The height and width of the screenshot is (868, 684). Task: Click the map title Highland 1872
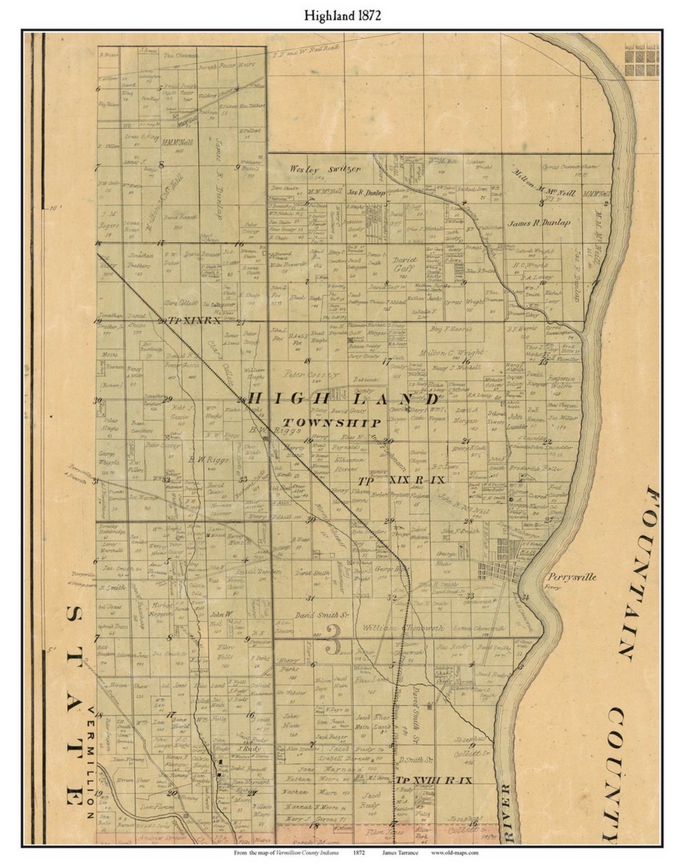tap(342, 16)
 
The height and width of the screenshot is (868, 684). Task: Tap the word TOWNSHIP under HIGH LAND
tap(332, 423)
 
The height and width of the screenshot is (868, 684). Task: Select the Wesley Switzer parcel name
tap(325, 169)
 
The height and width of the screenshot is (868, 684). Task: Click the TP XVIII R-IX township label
tap(434, 781)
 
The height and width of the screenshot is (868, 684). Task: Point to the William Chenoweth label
tap(403, 627)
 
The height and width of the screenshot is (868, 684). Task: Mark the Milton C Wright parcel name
tap(451, 352)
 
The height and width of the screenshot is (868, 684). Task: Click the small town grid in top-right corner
tap(642, 60)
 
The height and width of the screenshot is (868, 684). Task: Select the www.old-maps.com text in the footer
tap(455, 853)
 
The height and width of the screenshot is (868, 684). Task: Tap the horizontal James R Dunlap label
tap(539, 222)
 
